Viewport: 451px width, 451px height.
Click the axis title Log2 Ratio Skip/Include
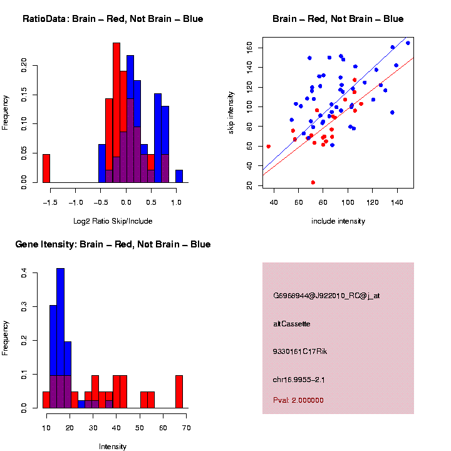(x=113, y=221)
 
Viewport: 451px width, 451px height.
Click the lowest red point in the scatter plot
(x=313, y=182)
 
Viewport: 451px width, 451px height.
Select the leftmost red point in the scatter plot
(x=269, y=147)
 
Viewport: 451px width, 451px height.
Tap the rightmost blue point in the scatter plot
(x=408, y=43)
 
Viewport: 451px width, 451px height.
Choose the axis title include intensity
(x=338, y=221)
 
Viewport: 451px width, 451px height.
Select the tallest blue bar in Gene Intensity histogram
(x=61, y=338)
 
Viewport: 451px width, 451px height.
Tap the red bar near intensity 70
(x=179, y=391)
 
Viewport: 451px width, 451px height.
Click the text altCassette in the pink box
(x=292, y=324)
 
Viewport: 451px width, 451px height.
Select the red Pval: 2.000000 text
(x=299, y=400)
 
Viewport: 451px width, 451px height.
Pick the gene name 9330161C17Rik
(x=300, y=351)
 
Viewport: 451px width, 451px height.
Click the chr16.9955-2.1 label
(x=299, y=380)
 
